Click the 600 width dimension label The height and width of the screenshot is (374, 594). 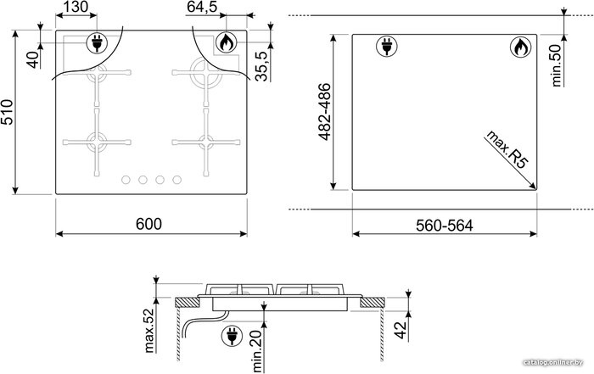[148, 224]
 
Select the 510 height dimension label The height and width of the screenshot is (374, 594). [7, 112]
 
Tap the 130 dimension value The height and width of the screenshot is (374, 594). [75, 7]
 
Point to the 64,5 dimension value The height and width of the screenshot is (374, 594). [202, 7]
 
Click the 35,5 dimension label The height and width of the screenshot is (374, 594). [261, 66]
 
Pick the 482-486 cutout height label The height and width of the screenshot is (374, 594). [325, 112]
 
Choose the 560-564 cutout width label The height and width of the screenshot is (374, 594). [445, 226]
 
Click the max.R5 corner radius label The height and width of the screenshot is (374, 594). [507, 149]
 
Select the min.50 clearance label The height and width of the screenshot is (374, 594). [557, 65]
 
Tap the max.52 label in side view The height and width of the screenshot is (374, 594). [149, 331]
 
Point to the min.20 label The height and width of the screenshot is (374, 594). [258, 351]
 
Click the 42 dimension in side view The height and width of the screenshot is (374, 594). [401, 330]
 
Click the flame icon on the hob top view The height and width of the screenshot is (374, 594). [227, 42]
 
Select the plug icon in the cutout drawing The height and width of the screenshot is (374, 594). [387, 47]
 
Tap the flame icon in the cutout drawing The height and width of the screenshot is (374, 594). [520, 47]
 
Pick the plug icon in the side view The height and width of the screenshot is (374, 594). [233, 335]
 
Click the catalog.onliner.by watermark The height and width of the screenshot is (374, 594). [552, 363]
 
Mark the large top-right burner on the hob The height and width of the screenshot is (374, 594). [206, 72]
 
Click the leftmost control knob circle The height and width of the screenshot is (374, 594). [126, 180]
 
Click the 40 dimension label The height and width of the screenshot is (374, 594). [34, 59]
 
